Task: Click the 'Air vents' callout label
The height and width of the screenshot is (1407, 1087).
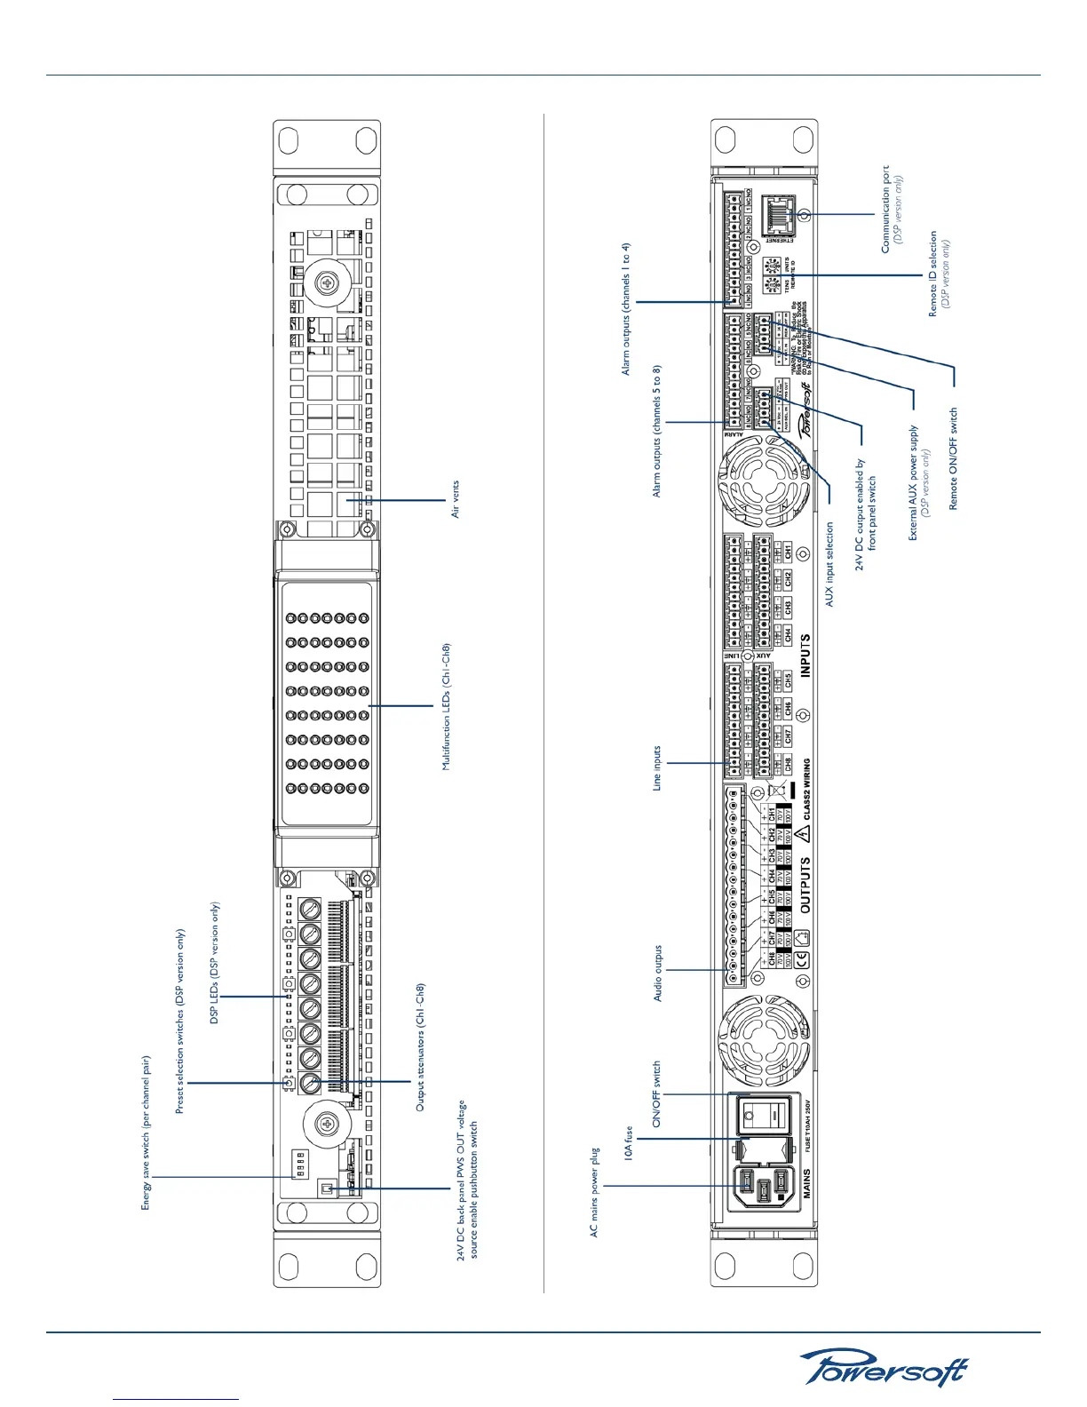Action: pyautogui.click(x=456, y=499)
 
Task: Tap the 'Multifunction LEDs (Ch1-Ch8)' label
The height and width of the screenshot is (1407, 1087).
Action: pyautogui.click(x=447, y=706)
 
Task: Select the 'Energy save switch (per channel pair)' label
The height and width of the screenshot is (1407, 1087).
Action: pyautogui.click(x=147, y=1133)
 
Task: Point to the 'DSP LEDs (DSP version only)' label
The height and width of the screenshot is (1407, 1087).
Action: pyautogui.click(x=214, y=963)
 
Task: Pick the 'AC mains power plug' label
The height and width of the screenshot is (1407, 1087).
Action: pyautogui.click(x=595, y=1192)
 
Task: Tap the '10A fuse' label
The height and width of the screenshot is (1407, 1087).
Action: pyautogui.click(x=628, y=1145)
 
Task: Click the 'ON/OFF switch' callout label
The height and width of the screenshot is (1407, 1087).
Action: pyautogui.click(x=657, y=1093)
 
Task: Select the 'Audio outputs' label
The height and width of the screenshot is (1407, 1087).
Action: pyautogui.click(x=658, y=973)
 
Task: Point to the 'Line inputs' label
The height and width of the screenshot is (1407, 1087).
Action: pyautogui.click(x=657, y=767)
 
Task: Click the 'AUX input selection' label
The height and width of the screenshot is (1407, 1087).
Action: pyautogui.click(x=830, y=564)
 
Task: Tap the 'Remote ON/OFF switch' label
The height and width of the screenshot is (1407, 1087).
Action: pyautogui.click(x=954, y=458)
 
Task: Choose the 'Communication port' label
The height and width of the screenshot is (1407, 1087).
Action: pyautogui.click(x=885, y=209)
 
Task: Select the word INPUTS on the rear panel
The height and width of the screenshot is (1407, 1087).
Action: pyautogui.click(x=806, y=656)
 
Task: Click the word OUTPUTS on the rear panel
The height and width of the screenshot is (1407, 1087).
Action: pyautogui.click(x=806, y=885)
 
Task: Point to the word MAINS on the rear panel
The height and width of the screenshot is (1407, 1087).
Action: pyautogui.click(x=806, y=1183)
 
